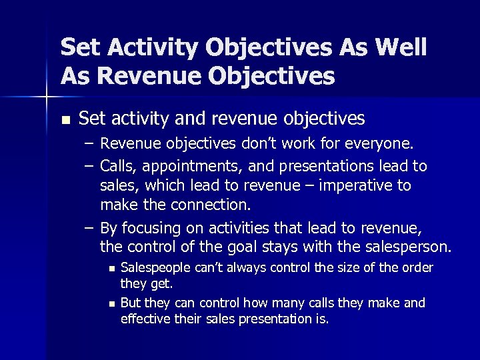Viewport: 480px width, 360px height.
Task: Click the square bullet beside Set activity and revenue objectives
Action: click(x=64, y=120)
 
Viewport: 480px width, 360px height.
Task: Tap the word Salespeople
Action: click(x=152, y=268)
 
